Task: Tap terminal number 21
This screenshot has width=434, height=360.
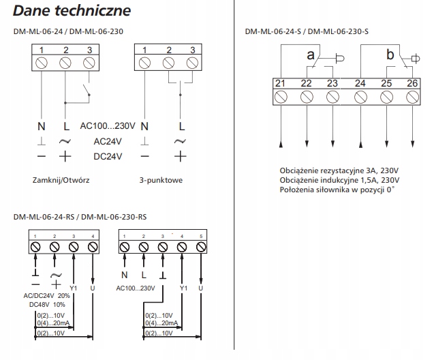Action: (x=280, y=83)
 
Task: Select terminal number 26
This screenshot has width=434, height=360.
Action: (x=412, y=83)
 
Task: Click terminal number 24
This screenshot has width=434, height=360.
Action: (x=360, y=83)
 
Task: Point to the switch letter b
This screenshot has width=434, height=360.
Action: (x=390, y=55)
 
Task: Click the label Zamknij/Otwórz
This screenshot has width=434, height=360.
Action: (x=61, y=181)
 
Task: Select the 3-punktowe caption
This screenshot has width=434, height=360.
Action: (x=161, y=181)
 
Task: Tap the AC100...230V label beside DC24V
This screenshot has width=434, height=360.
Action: (x=108, y=126)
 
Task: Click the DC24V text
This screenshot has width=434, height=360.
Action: (x=108, y=156)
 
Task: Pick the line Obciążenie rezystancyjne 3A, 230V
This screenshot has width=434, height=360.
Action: (x=339, y=170)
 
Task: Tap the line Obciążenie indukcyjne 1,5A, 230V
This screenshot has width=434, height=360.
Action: (x=339, y=180)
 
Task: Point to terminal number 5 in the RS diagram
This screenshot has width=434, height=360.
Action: (x=201, y=236)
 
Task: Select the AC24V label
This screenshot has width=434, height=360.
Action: (x=108, y=141)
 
